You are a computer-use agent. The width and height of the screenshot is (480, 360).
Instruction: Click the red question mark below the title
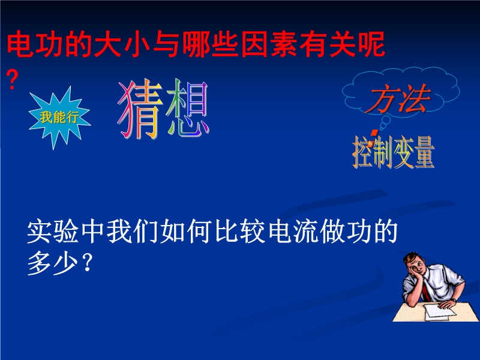click(x=12, y=80)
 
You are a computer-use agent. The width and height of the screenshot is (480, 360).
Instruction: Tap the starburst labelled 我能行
click(x=59, y=117)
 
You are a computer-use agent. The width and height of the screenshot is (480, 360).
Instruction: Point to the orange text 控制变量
click(x=394, y=152)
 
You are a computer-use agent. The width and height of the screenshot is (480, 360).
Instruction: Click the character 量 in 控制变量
click(x=425, y=152)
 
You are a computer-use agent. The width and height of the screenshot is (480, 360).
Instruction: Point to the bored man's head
click(x=415, y=263)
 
